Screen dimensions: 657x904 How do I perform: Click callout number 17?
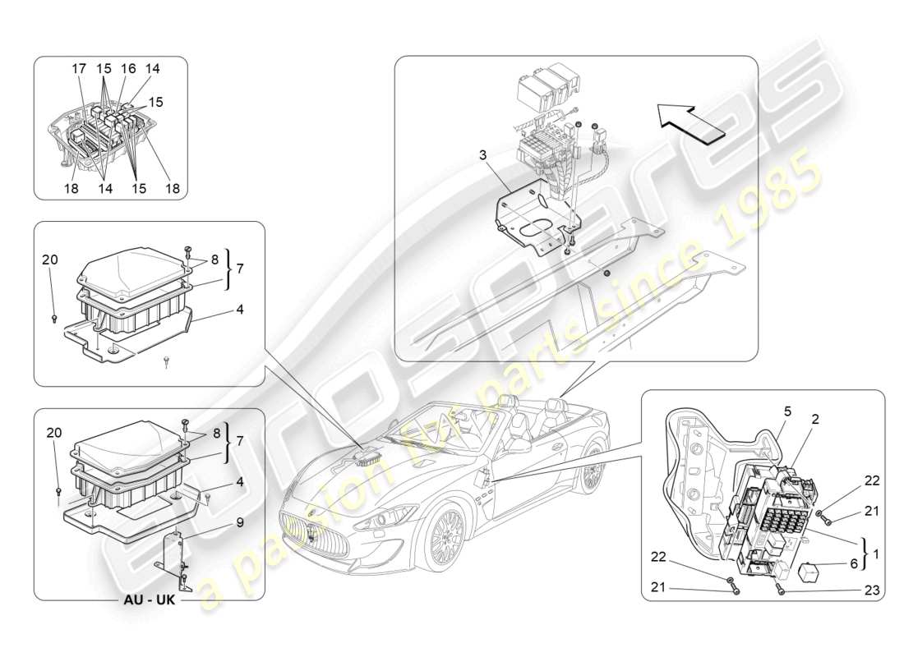pyautogui.click(x=80, y=70)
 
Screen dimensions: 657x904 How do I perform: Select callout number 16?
pyautogui.click(x=129, y=70)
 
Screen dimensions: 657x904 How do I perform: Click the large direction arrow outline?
pyautogui.click(x=695, y=124)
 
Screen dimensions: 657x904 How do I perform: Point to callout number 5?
pyautogui.click(x=786, y=410)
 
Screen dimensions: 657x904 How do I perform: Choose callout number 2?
pyautogui.click(x=815, y=419)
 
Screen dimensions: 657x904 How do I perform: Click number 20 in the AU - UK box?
pyautogui.click(x=53, y=432)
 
